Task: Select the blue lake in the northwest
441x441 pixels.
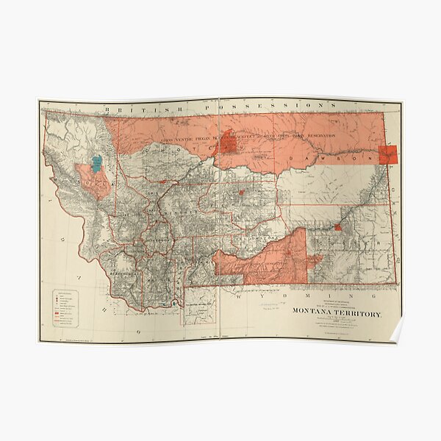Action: point(96,160)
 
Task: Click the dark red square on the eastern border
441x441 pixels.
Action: point(388,154)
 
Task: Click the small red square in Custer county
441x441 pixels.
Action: point(337,228)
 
